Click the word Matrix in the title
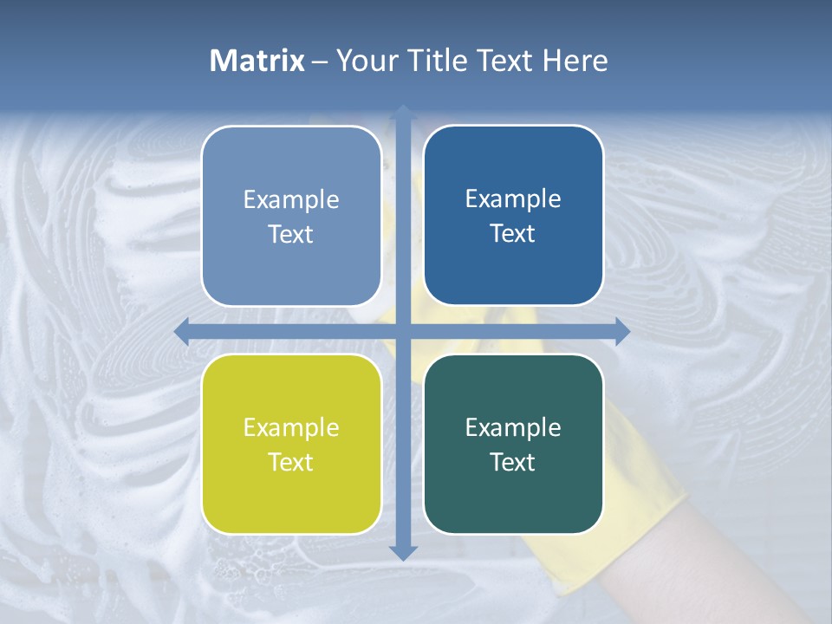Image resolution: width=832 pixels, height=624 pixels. pyautogui.click(x=257, y=61)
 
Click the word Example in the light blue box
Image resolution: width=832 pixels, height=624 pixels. pyautogui.click(x=291, y=199)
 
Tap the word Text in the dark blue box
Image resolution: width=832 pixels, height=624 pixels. pyautogui.click(x=513, y=234)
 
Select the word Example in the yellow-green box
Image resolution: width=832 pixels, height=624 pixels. pyautogui.click(x=291, y=427)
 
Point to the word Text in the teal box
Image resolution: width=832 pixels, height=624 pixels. pyautogui.click(x=513, y=462)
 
